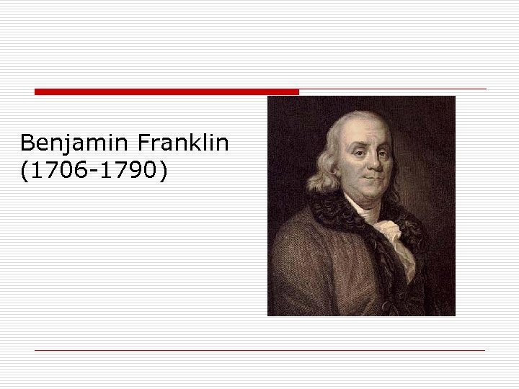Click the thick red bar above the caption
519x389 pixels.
click(x=166, y=91)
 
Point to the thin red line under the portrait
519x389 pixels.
click(x=259, y=350)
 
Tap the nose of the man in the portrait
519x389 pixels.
click(x=370, y=163)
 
